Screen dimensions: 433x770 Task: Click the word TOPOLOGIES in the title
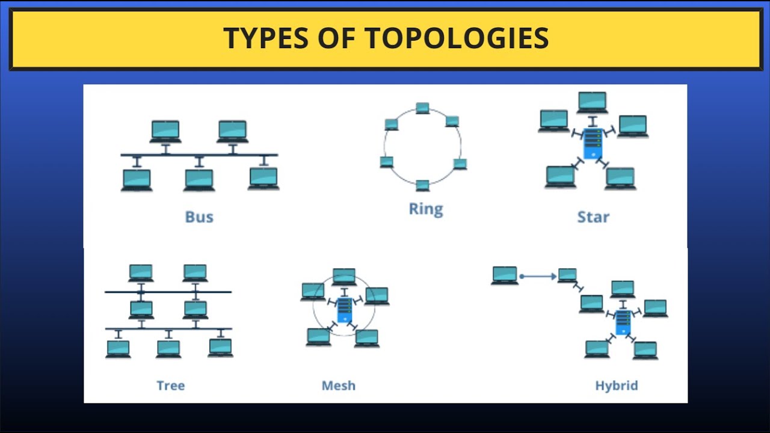(x=457, y=38)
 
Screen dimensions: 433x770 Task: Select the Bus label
(x=199, y=216)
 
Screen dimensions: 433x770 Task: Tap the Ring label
(x=425, y=209)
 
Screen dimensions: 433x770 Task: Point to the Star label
(x=593, y=216)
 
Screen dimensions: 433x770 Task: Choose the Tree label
(x=170, y=385)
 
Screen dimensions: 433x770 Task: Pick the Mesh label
(x=339, y=385)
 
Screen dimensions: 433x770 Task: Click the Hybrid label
(x=616, y=385)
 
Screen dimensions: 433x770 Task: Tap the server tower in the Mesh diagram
(x=344, y=310)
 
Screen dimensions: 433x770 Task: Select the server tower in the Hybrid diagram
(x=623, y=322)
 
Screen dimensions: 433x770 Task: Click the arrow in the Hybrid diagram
(x=538, y=277)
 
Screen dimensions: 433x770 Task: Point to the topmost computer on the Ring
(x=423, y=108)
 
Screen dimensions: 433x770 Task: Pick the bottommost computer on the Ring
(x=423, y=185)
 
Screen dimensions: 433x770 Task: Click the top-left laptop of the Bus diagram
(x=165, y=131)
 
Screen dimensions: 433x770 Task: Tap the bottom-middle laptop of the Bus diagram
(x=199, y=180)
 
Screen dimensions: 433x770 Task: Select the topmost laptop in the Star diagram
(x=593, y=102)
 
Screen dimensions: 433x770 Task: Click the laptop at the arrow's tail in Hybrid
(x=505, y=275)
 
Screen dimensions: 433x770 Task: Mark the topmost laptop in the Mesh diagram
(x=344, y=276)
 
